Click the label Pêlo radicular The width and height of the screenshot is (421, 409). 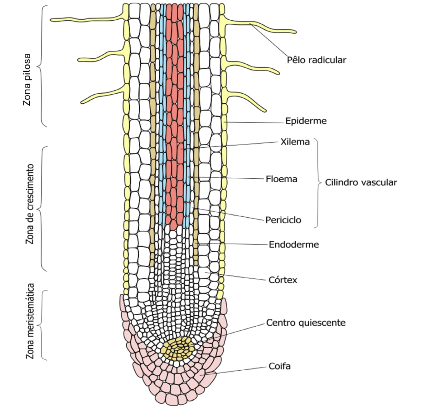[316, 60]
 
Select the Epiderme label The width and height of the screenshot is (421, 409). [306, 121]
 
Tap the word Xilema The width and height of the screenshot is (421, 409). [295, 142]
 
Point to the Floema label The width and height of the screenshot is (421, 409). [281, 179]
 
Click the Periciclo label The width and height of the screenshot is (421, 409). [283, 220]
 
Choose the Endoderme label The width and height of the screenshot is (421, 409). [294, 244]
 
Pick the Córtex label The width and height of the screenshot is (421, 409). [283, 280]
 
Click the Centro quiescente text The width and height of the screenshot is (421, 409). [306, 323]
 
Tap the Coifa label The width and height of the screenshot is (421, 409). [279, 366]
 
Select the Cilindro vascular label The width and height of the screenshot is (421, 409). [361, 182]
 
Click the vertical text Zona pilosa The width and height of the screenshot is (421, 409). [27, 80]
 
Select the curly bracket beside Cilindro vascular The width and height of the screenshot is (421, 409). [318, 183]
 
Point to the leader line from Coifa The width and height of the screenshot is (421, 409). [237, 370]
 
